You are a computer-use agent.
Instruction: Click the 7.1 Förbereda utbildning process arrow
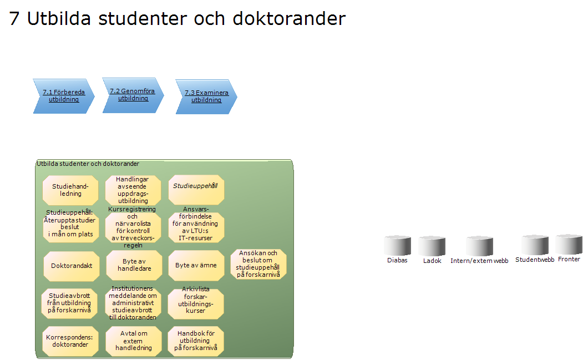pos(63,96)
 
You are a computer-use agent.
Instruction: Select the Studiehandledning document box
pos(70,190)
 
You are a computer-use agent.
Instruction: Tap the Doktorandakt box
pos(71,265)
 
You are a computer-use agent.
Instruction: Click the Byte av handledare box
pos(134,265)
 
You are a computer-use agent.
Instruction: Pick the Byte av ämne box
pos(196,265)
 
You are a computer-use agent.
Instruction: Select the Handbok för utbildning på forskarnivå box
pos(196,341)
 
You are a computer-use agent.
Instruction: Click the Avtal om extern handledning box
pos(134,341)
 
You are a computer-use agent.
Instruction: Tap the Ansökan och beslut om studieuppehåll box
pos(258,264)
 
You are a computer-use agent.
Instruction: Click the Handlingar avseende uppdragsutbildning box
pos(133,190)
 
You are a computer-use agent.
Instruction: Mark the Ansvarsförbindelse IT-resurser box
pos(196,227)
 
